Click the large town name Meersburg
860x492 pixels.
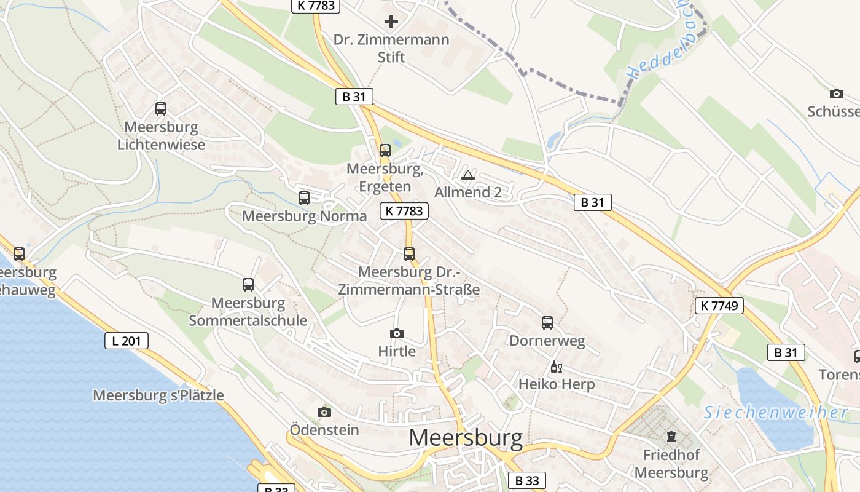point(466,437)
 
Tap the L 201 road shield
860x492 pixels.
point(127,340)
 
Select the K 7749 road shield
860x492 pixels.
point(719,305)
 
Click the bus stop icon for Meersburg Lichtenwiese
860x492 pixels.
point(161,109)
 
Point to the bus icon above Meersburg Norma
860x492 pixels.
point(304,197)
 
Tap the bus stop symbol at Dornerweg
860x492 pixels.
point(547,322)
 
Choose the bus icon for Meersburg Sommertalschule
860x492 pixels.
point(248,284)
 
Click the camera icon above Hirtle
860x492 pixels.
point(397,333)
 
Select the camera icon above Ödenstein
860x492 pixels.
point(324,411)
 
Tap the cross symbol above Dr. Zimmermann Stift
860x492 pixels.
point(391,22)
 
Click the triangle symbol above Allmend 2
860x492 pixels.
point(468,175)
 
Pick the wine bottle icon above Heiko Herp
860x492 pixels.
point(556,367)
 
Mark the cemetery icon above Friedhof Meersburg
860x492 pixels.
point(671,437)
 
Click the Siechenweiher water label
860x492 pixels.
point(776,412)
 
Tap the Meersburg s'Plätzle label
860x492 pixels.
point(158,395)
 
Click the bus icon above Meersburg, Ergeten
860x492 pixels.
point(385,150)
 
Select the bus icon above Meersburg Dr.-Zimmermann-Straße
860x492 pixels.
point(409,253)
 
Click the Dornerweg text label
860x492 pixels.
point(547,340)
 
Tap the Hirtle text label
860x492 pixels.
point(397,351)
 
